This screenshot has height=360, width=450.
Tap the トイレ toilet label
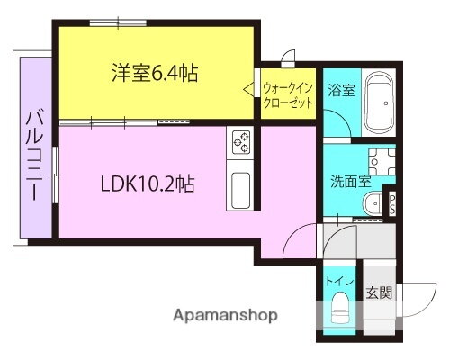pyautogui.click(x=338, y=281)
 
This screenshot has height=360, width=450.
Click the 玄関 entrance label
pyautogui.click(x=378, y=292)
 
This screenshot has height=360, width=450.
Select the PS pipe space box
pyautogui.click(x=392, y=203)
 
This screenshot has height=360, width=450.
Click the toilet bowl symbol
pyautogui.click(x=339, y=310)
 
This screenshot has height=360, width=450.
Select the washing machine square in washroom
pyautogui.click(x=381, y=162)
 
